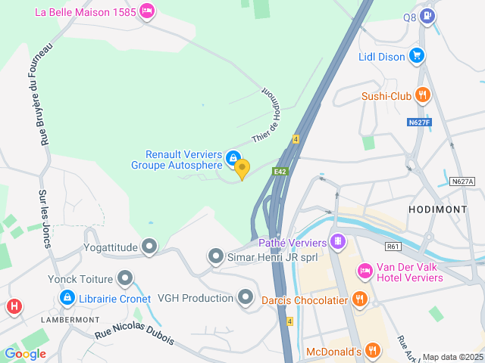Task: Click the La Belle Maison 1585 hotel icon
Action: [x=147, y=11]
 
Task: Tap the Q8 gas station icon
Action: [x=429, y=16]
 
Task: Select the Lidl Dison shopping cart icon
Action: [x=416, y=55]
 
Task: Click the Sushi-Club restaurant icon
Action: [x=423, y=95]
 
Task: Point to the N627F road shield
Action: [x=418, y=122]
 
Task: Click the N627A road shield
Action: [x=462, y=181]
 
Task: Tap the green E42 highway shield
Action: [x=281, y=172]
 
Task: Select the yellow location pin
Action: [x=242, y=169]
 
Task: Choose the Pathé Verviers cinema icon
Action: [x=338, y=243]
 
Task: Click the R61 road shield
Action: [x=393, y=247]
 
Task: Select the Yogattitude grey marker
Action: [x=150, y=246]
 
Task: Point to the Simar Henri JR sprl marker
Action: [x=215, y=257]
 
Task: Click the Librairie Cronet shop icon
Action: [x=67, y=298]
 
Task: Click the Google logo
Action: [x=25, y=354]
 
